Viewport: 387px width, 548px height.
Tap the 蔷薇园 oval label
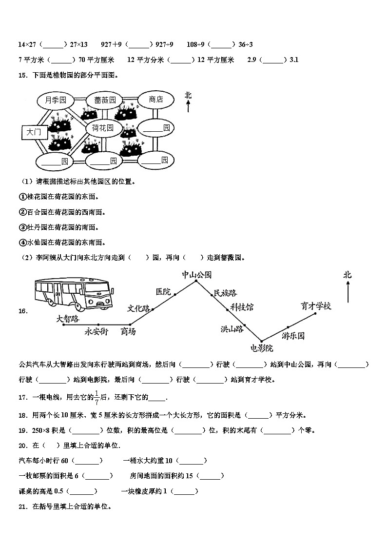click(x=105, y=100)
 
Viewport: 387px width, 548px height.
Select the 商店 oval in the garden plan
click(x=156, y=100)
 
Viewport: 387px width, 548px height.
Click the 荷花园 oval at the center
click(x=103, y=128)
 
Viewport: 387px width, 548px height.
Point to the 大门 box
click(x=33, y=132)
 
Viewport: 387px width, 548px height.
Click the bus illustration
click(x=74, y=294)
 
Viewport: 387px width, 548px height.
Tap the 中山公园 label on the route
click(x=197, y=275)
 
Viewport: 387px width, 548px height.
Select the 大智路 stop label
click(x=67, y=318)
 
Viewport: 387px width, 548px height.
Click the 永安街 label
click(x=96, y=331)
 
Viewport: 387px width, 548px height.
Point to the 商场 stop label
click(x=128, y=331)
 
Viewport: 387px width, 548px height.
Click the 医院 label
click(x=163, y=292)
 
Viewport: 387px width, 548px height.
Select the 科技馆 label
click(x=242, y=307)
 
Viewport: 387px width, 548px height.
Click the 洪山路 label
click(x=232, y=329)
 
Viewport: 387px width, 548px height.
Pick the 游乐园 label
click(x=293, y=336)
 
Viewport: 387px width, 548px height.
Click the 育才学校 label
click(x=316, y=306)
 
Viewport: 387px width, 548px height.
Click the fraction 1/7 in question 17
click(x=97, y=397)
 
